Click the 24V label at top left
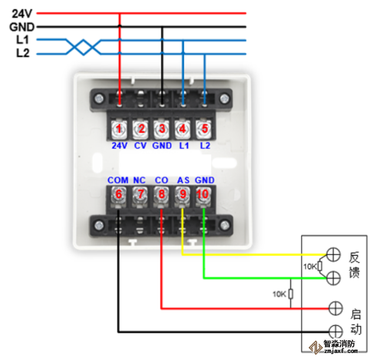pyautogui.click(x=21, y=12)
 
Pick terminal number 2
pyautogui.click(x=140, y=128)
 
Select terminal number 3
pyautogui.click(x=161, y=128)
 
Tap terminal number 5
pyautogui.click(x=204, y=128)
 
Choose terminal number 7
pyautogui.click(x=140, y=194)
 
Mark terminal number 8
pyautogui.click(x=161, y=194)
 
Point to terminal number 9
pyautogui.click(x=182, y=194)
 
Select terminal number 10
pyautogui.click(x=203, y=194)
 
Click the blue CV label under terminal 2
pyautogui.click(x=140, y=145)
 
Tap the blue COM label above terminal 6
pyautogui.click(x=118, y=180)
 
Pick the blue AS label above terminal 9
pyautogui.click(x=183, y=180)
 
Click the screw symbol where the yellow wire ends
pyautogui.click(x=334, y=255)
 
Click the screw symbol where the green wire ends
pyautogui.click(x=334, y=278)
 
